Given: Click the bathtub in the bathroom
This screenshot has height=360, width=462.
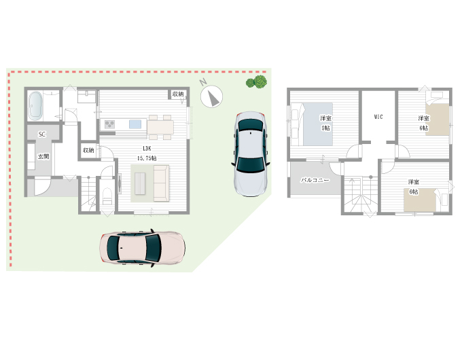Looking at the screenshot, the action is point(35,106).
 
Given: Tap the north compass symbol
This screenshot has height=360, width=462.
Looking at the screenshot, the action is point(211,96).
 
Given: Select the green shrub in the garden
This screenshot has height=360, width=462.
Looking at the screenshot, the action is point(257,82).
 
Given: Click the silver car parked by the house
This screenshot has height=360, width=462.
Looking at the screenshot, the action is point(251,154).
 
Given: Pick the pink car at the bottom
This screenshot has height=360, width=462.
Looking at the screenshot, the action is point(142,247).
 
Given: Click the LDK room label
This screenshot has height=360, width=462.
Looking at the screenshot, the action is point(147,149).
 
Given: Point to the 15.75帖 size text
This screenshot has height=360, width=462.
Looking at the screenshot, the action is point(147,158).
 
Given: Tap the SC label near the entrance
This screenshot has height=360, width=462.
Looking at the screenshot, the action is point(42,134).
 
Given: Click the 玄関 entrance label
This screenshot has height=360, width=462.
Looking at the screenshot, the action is point(43,156).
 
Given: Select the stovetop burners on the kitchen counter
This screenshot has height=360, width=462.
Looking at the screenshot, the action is point(109,124).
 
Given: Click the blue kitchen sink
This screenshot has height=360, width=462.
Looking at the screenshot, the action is point(135,124).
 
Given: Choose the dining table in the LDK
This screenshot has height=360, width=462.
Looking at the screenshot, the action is point(160,127).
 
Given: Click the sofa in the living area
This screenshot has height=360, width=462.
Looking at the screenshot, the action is point(161,183).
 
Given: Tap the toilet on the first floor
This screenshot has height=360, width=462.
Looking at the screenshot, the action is point(107,196).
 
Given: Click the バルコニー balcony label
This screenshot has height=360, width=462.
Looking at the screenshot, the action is point(315,180).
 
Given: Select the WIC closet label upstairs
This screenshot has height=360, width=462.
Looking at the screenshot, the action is point(378,117).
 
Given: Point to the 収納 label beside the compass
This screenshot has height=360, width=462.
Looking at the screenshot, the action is point(178,94).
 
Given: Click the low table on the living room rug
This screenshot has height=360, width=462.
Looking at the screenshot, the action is point(140,183).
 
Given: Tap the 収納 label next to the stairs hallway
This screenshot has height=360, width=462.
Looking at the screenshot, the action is point(88,150).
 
